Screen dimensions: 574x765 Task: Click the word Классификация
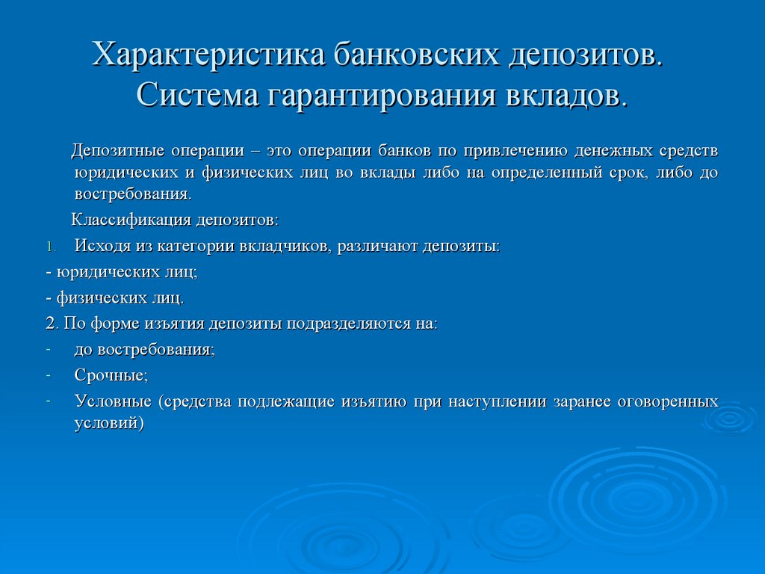point(131,220)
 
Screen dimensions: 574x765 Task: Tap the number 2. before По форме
point(52,324)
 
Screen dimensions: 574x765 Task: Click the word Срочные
point(111,375)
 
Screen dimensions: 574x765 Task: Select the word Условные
point(113,401)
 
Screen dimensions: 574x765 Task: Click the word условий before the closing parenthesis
point(105,423)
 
